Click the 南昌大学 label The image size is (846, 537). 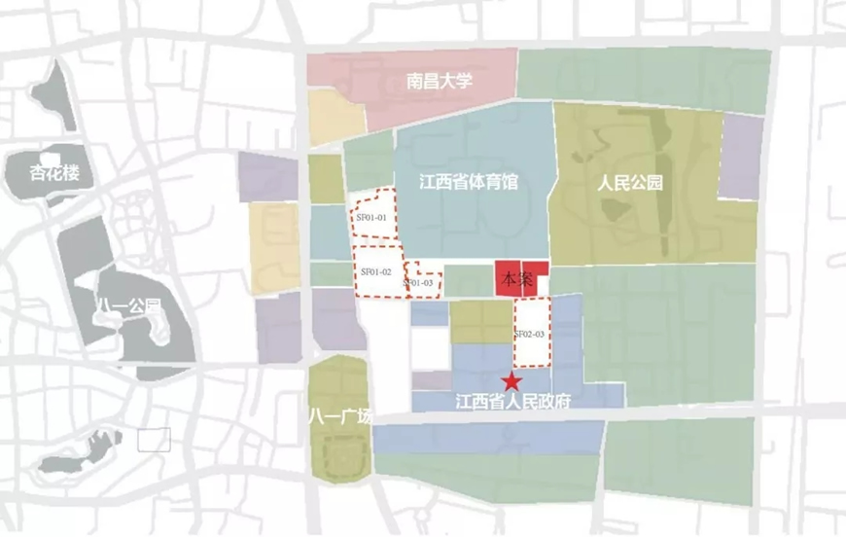pos(440,81)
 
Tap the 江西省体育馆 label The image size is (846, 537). pos(468,182)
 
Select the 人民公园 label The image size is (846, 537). pos(629,182)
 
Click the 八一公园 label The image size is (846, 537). pos(128,308)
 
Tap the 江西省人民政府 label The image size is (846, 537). pos(517,400)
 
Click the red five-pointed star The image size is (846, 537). pos(508,380)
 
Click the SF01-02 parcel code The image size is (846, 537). pos(374,271)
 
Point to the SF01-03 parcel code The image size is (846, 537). pos(418,283)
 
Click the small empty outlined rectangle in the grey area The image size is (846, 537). pos(154,439)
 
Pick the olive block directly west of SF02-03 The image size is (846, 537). pos(480,321)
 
